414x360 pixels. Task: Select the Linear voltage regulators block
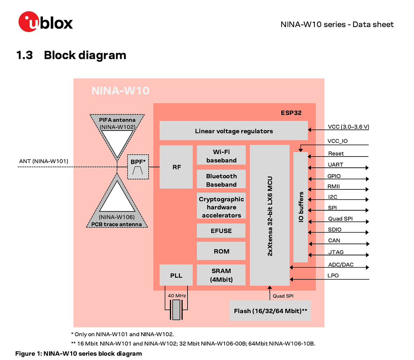coord(233,131)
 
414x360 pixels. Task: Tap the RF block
coord(176,167)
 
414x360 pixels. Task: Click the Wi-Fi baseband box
coord(221,156)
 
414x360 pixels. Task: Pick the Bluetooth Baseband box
coord(221,180)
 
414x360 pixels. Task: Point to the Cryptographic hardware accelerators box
coord(221,207)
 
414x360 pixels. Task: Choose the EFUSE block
coord(221,231)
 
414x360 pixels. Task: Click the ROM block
coord(221,251)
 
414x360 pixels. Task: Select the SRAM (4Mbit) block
coord(221,275)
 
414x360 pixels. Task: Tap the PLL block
coord(176,275)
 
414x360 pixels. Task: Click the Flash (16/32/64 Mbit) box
coord(270,311)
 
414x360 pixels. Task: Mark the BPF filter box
coord(138,167)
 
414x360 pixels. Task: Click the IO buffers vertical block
coord(301,207)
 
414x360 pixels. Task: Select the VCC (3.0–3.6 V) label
coord(348,127)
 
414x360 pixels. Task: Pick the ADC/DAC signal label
coord(341,264)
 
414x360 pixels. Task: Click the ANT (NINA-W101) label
coord(43,161)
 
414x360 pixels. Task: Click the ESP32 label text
coord(291,113)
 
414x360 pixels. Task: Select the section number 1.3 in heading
coord(25,55)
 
